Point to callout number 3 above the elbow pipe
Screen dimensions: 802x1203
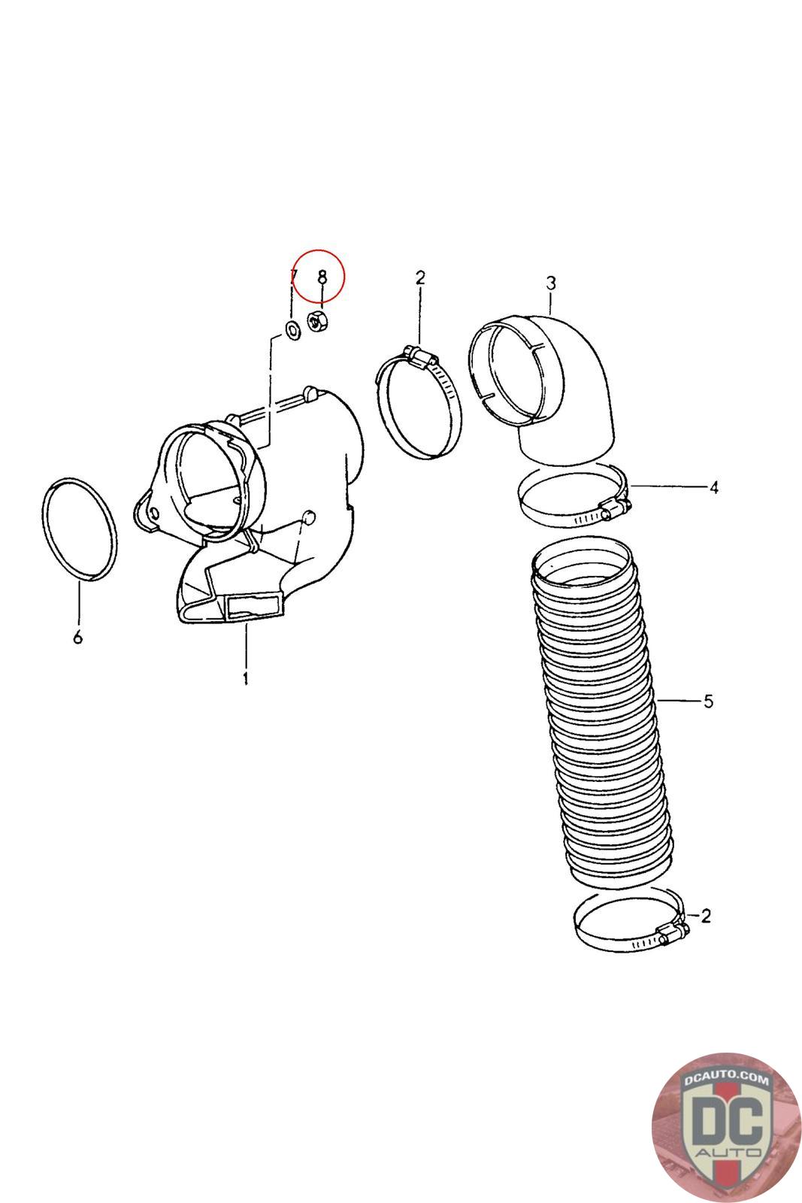(551, 283)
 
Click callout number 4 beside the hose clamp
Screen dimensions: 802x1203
(713, 487)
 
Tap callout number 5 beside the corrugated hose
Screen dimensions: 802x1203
(708, 701)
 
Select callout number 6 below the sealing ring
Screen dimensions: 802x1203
(77, 638)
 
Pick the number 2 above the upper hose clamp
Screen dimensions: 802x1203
(420, 277)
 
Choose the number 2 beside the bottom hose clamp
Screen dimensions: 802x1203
(705, 916)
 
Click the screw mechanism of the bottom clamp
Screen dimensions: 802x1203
(673, 935)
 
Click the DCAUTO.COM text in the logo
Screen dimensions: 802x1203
(726, 1080)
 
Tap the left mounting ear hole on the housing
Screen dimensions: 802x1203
(154, 512)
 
